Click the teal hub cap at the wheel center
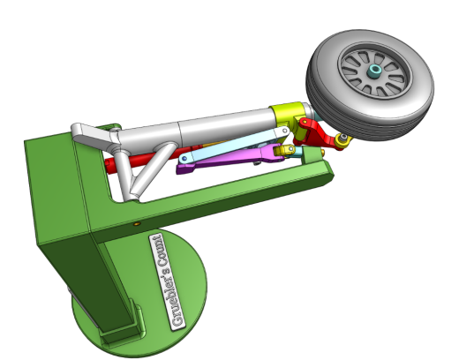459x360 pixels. pos(375,71)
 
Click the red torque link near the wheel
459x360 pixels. pos(318,133)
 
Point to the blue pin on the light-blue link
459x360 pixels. pos(184,159)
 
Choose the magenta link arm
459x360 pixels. pos(229,159)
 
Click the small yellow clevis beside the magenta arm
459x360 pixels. pos(284,150)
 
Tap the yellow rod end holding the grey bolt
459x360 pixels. pos(342,141)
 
